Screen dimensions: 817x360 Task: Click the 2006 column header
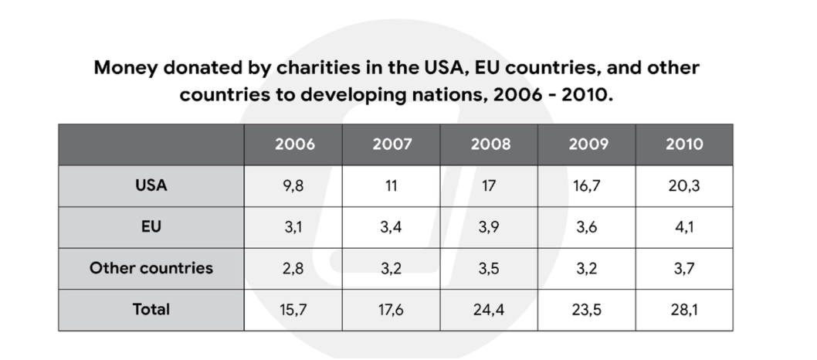click(x=295, y=144)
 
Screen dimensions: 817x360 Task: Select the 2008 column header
click(x=490, y=144)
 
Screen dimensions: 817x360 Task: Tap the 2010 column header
click(x=684, y=144)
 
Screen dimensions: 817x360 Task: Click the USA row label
click(x=151, y=185)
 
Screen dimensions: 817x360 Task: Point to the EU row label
click(x=151, y=226)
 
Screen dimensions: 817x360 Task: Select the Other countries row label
click(x=151, y=268)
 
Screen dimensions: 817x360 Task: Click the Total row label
click(x=151, y=310)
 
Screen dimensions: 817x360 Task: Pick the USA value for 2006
click(x=293, y=186)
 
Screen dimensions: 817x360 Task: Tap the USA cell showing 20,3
click(x=684, y=186)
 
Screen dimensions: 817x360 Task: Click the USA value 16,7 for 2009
click(x=587, y=186)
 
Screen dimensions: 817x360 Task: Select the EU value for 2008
click(x=489, y=227)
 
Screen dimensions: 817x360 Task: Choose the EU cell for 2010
click(x=684, y=227)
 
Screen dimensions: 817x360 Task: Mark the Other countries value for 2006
click(x=293, y=269)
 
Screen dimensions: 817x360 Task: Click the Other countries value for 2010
click(x=684, y=269)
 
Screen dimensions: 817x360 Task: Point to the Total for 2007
click(x=391, y=310)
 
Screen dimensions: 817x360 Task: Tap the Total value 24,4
click(x=489, y=310)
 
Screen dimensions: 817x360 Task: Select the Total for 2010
click(x=684, y=310)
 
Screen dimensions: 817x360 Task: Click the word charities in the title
click(x=318, y=68)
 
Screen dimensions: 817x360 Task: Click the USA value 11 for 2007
click(x=391, y=186)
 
